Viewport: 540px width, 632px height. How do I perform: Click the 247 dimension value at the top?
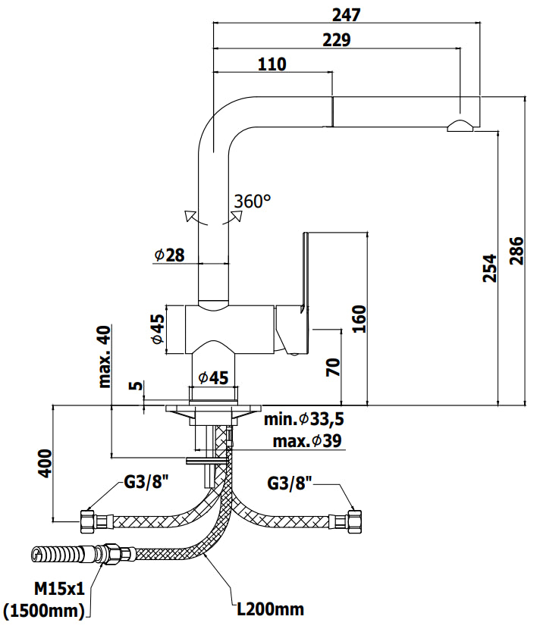(346, 15)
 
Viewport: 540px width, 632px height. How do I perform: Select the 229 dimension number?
(337, 40)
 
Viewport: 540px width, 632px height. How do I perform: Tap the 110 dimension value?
(272, 64)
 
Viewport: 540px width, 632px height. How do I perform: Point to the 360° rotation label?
(253, 201)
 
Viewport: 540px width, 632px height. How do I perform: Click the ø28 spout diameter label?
(169, 255)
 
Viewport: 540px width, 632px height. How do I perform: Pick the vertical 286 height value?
(516, 251)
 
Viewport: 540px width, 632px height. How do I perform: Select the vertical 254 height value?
(490, 268)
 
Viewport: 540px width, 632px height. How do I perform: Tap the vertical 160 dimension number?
(359, 319)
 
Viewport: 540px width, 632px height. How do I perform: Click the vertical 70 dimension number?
(333, 368)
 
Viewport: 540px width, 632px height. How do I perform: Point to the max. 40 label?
(104, 357)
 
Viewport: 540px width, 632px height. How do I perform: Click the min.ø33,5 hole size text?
(303, 419)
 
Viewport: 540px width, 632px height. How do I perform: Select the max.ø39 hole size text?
(307, 441)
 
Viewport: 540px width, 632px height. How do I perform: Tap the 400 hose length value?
(46, 464)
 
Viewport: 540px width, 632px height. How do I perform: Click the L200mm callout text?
(270, 609)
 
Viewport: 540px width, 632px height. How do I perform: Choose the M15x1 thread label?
(60, 590)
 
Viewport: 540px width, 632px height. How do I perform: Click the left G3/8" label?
(146, 482)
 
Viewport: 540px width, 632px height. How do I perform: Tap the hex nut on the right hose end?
(355, 522)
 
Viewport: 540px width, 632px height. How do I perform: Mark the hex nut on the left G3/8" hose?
(87, 522)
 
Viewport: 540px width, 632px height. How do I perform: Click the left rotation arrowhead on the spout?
(190, 216)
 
